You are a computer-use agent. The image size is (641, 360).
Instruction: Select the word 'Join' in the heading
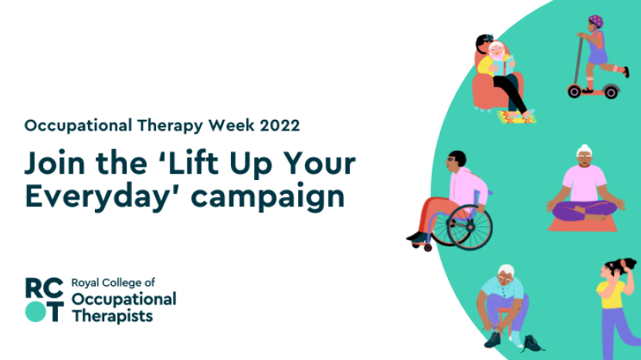(x=54, y=164)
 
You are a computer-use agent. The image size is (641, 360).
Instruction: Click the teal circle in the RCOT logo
(x=35, y=311)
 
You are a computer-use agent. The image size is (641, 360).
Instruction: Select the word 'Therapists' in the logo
(x=112, y=315)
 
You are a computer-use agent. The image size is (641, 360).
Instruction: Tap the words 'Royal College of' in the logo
(x=113, y=284)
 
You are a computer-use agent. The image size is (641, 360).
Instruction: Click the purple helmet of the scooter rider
(x=595, y=21)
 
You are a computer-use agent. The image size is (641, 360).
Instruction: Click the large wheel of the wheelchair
(x=470, y=227)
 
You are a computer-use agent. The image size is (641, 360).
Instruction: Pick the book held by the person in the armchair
(x=503, y=66)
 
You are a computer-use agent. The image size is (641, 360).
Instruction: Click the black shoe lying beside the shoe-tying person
(x=534, y=343)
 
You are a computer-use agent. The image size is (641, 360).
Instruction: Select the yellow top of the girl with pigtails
(x=610, y=298)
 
